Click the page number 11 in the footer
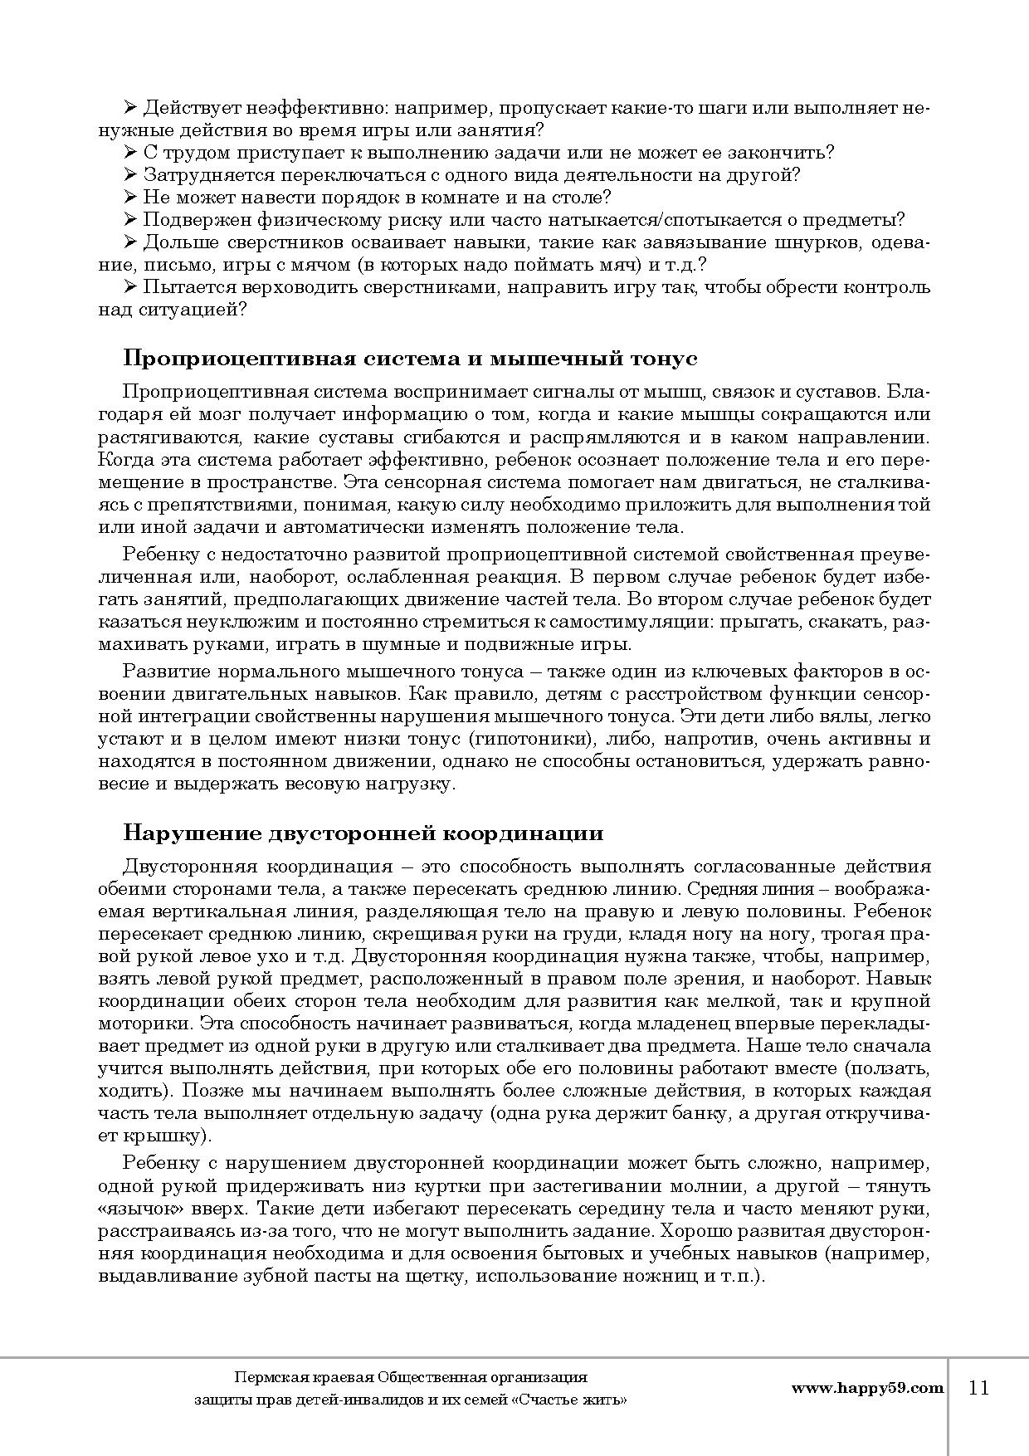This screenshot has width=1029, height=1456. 979,1387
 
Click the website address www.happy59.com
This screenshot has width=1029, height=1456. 867,1387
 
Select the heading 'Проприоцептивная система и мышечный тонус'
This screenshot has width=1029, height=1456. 410,359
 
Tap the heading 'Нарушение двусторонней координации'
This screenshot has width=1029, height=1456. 363,833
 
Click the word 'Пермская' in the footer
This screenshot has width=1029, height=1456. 265,1377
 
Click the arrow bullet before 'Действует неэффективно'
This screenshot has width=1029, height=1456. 129,108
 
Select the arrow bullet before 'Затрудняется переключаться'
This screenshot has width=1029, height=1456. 129,175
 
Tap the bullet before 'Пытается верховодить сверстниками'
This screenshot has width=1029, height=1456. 129,287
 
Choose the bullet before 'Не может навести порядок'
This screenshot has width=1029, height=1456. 129,198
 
